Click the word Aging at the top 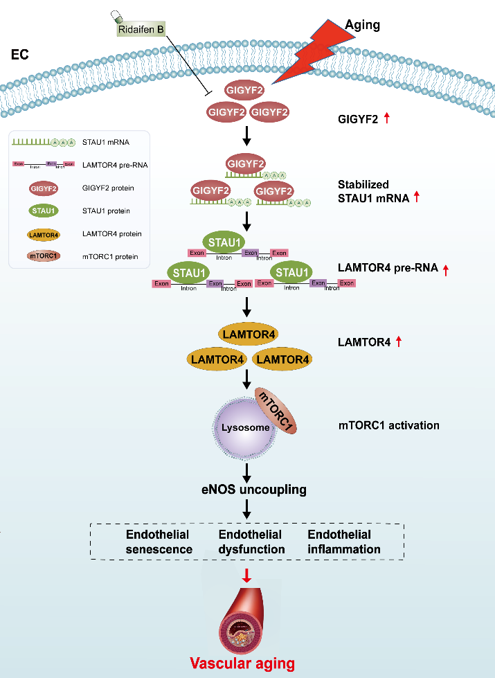363,25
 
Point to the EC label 20,53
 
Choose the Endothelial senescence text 159,542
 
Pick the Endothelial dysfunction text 251,542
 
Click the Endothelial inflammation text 344,542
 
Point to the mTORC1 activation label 388,425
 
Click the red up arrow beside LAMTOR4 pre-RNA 446,269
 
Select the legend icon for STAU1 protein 43,211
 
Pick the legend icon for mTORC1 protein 43,256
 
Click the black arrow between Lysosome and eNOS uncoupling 247,471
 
